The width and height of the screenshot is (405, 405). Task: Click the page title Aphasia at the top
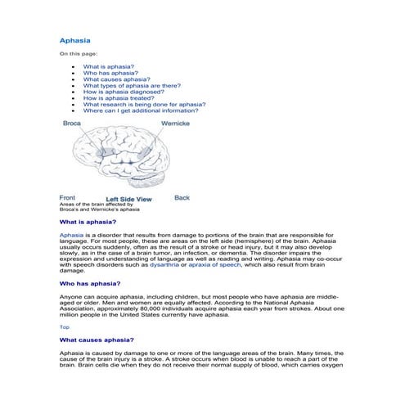75,39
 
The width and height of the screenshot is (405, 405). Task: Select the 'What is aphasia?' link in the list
109,65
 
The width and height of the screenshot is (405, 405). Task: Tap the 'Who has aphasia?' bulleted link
110,73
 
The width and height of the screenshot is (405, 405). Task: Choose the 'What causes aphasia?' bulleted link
112,79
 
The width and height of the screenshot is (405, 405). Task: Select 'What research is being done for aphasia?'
144,105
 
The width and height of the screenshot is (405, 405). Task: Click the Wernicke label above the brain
176,123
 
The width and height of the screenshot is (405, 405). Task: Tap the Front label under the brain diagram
68,197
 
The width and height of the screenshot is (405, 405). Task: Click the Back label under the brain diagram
182,197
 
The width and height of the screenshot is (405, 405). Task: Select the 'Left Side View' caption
129,199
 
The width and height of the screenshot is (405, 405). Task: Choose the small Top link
65,326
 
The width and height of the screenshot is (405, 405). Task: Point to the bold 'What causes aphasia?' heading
97,340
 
